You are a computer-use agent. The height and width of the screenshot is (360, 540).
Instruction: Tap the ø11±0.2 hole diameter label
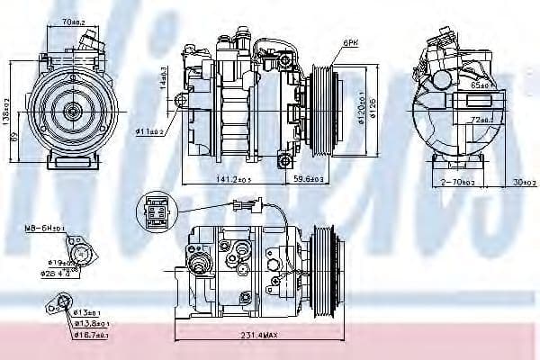coord(149,131)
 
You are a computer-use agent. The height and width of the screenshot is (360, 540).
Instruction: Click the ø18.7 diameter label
coord(93,335)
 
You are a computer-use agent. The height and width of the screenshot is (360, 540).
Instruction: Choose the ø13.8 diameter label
coord(92,323)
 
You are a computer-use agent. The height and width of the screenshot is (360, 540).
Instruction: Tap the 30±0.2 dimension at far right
coord(518,181)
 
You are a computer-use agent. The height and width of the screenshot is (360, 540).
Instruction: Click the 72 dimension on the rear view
coord(482,118)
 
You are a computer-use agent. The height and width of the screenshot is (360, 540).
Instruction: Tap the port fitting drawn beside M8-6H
coord(82,255)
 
